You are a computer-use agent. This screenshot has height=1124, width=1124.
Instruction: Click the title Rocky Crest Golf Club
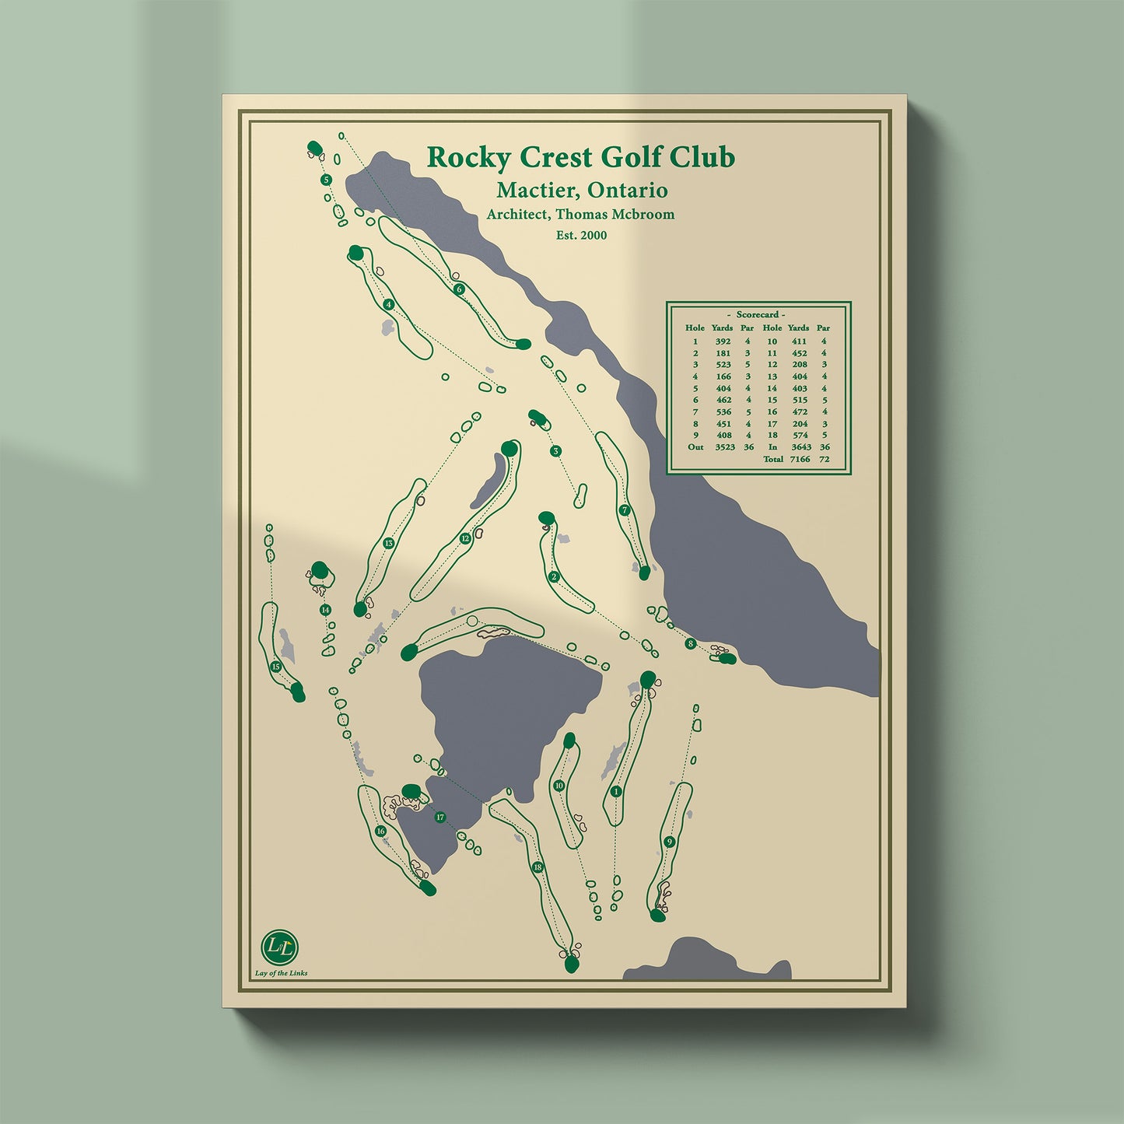coord(580,157)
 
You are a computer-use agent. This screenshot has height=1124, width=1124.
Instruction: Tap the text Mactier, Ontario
coord(582,190)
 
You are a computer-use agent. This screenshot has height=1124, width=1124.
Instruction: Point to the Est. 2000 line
coord(581,235)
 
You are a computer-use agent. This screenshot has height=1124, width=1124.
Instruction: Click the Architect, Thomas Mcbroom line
coord(580,214)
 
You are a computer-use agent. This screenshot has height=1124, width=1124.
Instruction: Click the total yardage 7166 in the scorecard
coord(800,459)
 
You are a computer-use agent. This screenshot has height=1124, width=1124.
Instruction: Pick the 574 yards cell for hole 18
coord(800,435)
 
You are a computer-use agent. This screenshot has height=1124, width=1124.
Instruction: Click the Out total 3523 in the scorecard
coord(724,447)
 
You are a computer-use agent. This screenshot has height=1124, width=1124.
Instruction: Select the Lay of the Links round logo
coord(280,947)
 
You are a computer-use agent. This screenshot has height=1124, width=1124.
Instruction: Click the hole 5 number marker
coord(326,180)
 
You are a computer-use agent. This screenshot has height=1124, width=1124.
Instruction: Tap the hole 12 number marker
coord(465,538)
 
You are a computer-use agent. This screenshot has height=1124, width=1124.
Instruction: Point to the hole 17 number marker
coord(440,818)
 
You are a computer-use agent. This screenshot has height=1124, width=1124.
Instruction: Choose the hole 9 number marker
coord(669,842)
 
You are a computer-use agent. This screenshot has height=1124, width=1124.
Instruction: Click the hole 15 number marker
coord(275,667)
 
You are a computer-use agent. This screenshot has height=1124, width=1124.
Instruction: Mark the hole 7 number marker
coord(624,510)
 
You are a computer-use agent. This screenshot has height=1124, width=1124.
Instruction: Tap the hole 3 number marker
coord(555,451)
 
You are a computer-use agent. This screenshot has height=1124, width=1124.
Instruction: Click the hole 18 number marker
coord(537,867)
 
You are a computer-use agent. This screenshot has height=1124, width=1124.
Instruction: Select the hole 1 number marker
coord(616,792)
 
